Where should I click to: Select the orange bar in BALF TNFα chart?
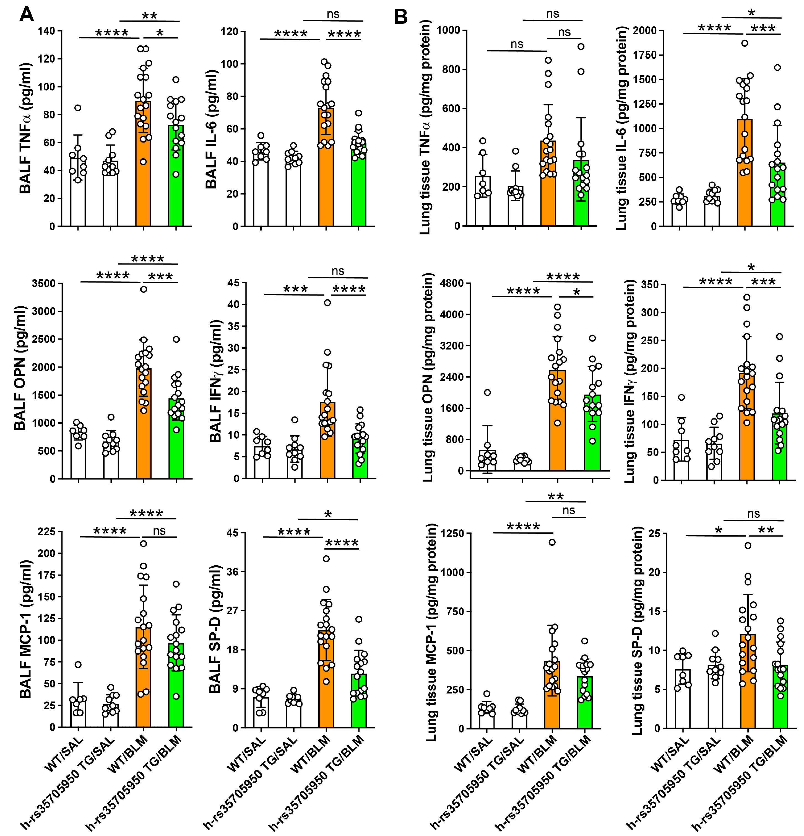[143, 171]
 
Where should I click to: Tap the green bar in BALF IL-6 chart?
[358, 188]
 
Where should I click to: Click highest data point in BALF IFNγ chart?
[327, 303]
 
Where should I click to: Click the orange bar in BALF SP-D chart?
[326, 682]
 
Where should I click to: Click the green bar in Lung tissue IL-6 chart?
[777, 196]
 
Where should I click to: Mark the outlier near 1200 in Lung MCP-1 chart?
[552, 542]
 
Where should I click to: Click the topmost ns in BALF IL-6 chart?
[333, 14]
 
